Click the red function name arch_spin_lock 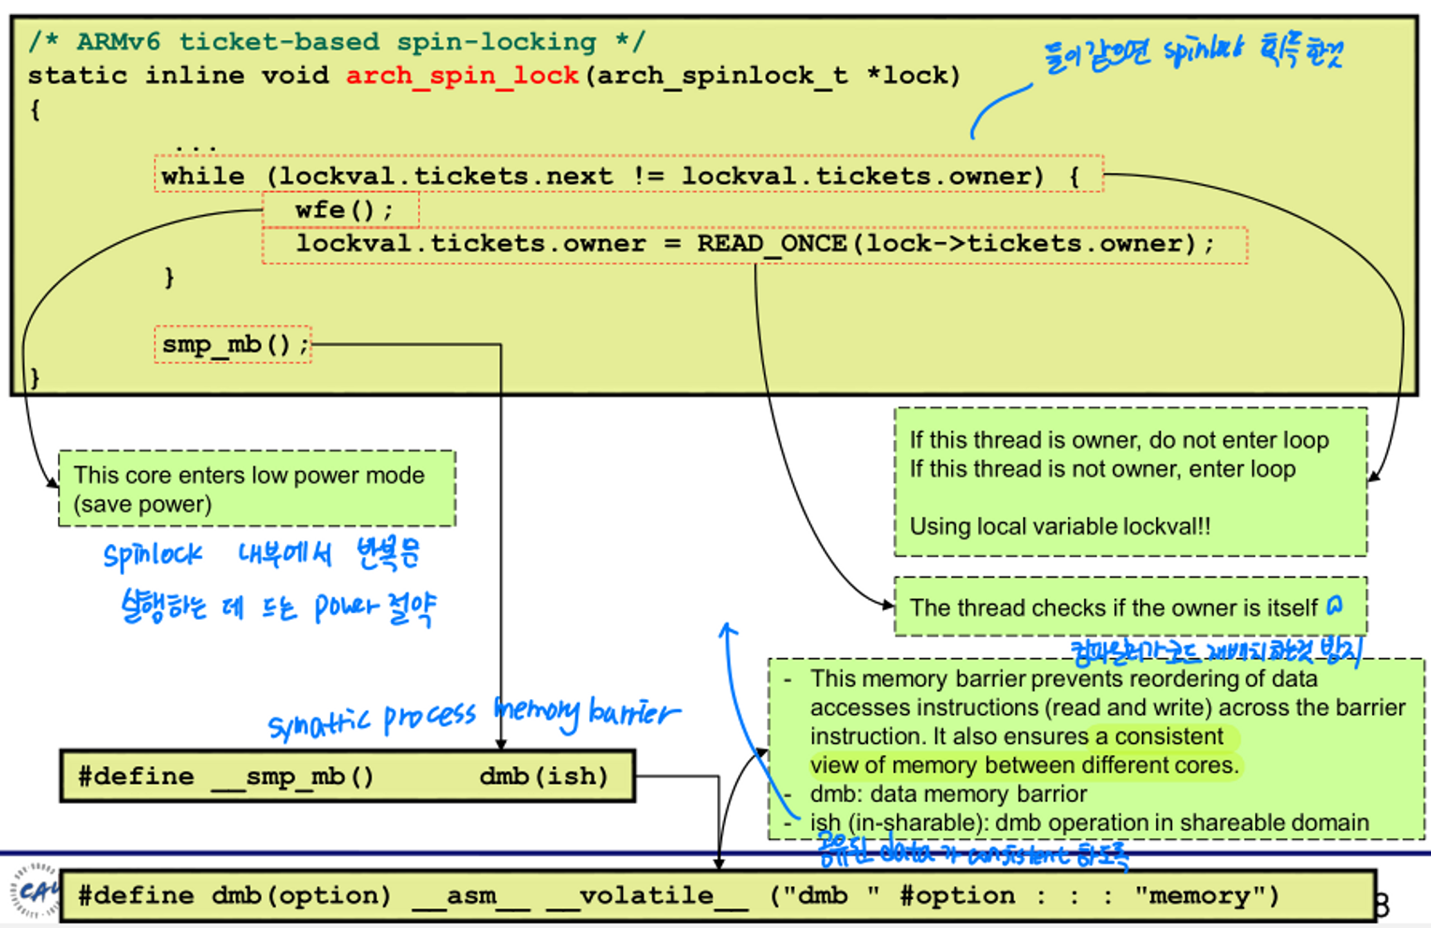click(462, 76)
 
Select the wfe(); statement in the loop click(342, 210)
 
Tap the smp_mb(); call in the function click(233, 345)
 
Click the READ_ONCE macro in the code click(771, 244)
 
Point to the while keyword click(202, 177)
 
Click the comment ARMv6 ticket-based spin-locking click(337, 42)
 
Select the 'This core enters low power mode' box click(256, 489)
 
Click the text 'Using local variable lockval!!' click(1060, 526)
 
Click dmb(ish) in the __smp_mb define click(543, 777)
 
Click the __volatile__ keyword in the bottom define click(646, 896)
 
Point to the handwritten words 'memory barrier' click(586, 713)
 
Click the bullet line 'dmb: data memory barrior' click(947, 794)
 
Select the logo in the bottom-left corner click(33, 891)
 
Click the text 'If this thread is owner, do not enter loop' click(1119, 440)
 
